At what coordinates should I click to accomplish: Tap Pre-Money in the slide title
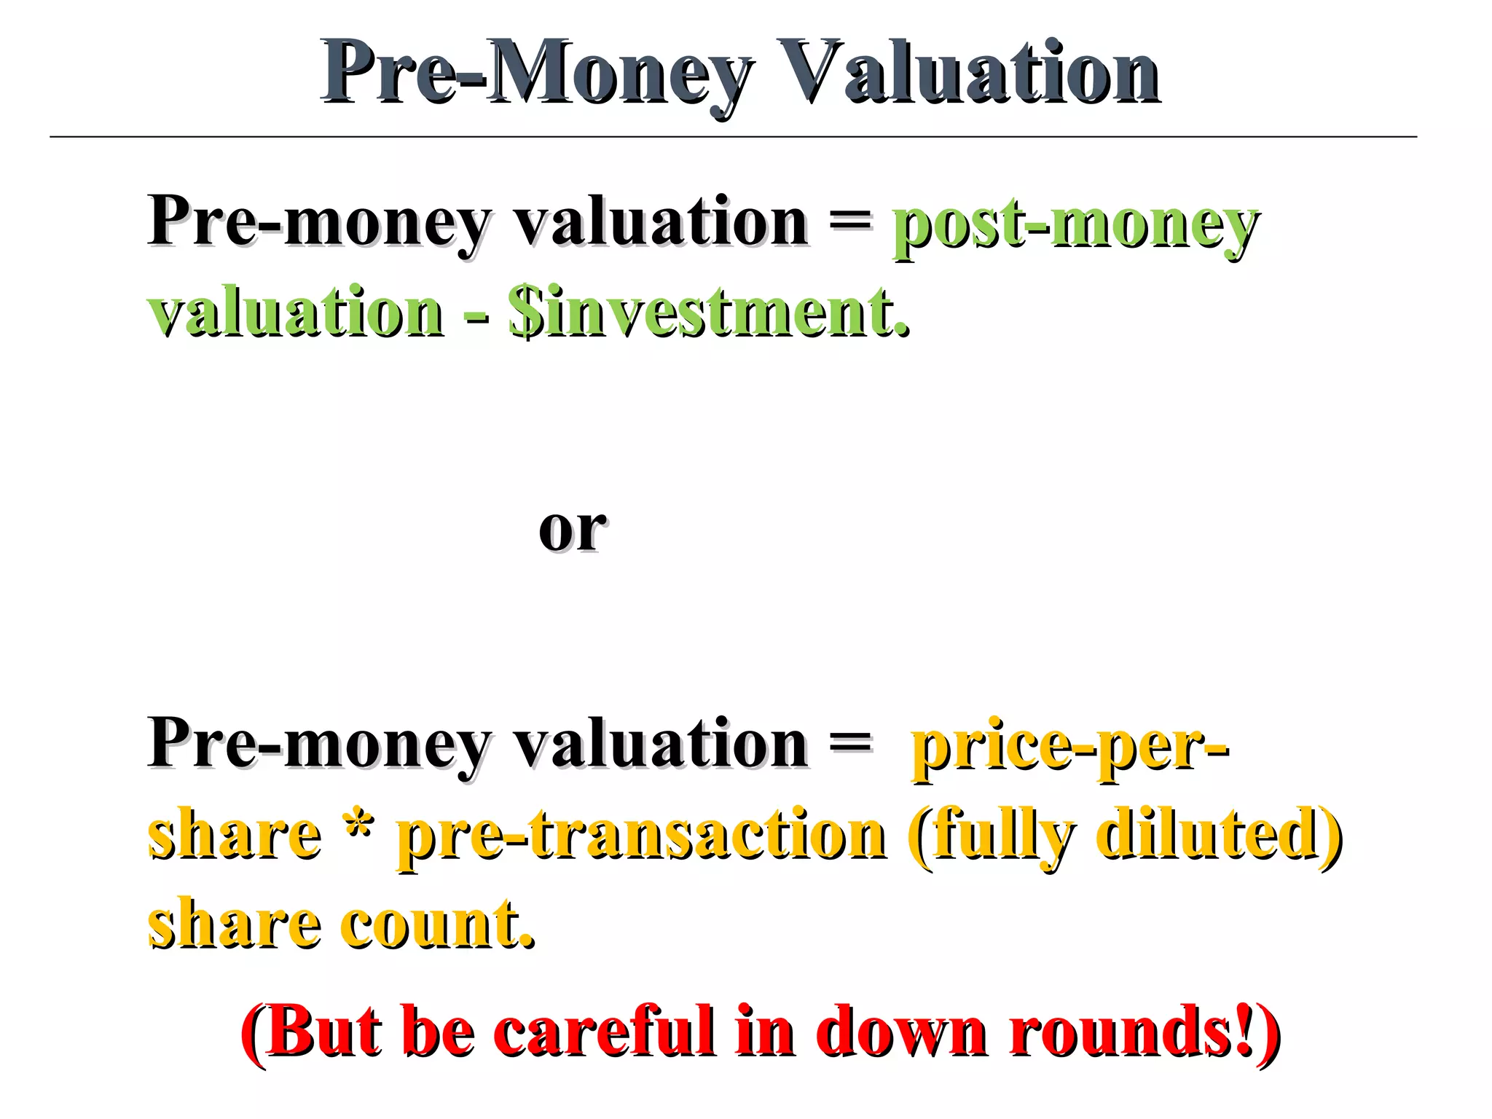(538, 73)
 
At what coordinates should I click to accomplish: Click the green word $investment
(709, 313)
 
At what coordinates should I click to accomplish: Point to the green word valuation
(296, 313)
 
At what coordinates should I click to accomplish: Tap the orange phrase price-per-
(1071, 747)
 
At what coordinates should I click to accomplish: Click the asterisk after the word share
(358, 827)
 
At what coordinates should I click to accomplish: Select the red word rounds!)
(1144, 1031)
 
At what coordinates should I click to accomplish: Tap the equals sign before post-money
(851, 219)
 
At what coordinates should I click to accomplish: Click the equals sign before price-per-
(851, 743)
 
